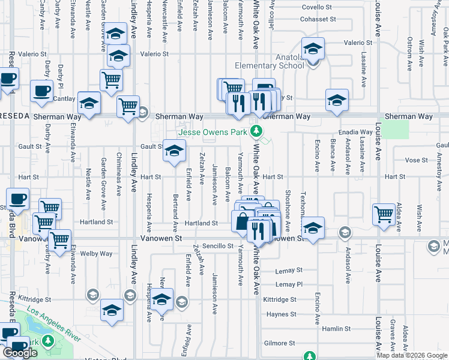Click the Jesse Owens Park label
point(212,132)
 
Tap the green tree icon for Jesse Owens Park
point(257,130)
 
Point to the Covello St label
point(316,7)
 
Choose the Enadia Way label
point(355,131)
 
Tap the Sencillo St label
point(217,246)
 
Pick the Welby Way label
point(97,253)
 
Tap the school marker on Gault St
point(175,152)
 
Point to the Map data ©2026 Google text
point(412,355)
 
